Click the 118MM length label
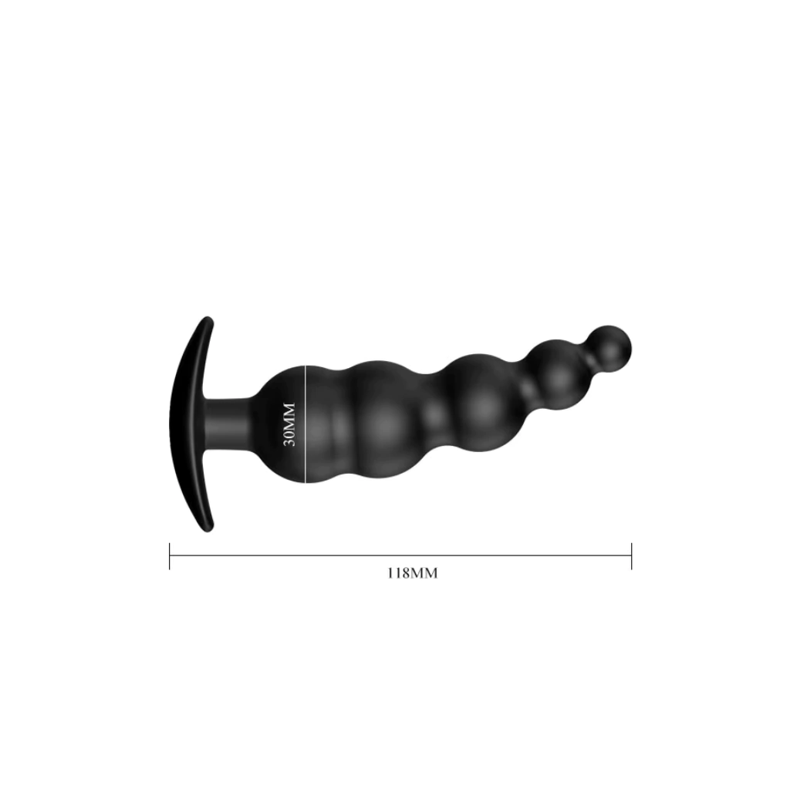tap(413, 573)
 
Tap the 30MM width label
tap(289, 424)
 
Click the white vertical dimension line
tap(306, 424)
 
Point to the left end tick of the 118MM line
tap(170, 555)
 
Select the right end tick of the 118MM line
tap(631, 555)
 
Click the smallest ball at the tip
tap(609, 349)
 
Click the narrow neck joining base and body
tap(229, 424)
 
